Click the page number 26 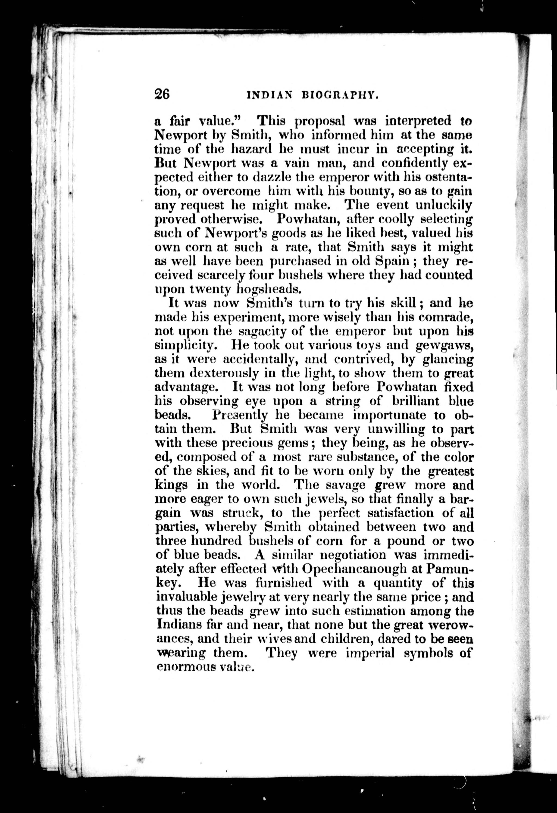162,94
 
